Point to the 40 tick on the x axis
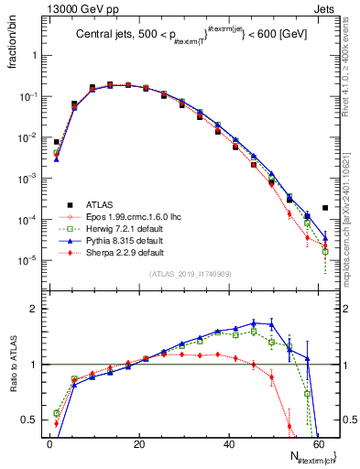229,443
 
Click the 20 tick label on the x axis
139,443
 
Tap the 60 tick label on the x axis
318,443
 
